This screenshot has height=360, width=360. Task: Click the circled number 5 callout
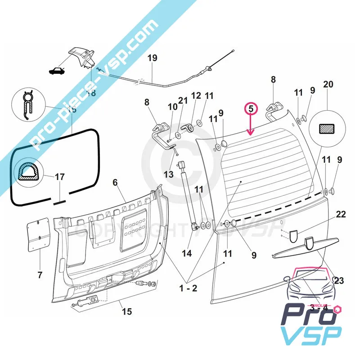pos(251,109)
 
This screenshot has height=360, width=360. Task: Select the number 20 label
pos(328,85)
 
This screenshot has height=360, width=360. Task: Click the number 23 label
pos(339,280)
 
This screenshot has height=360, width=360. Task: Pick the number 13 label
pos(168,174)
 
